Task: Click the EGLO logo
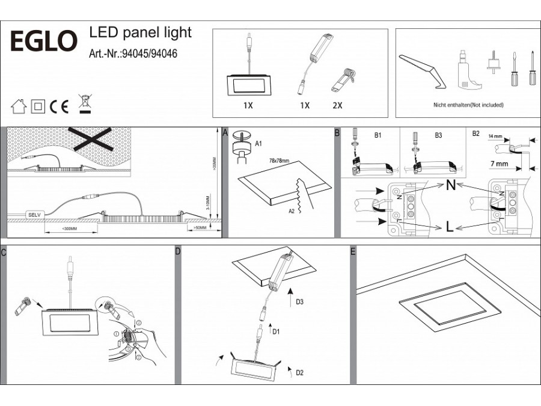pos(44,42)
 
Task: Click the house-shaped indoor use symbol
pos(19,107)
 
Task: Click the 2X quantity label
pos(337,105)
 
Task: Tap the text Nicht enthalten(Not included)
pos(468,105)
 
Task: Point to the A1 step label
pos(259,144)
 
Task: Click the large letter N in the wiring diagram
pos(450,185)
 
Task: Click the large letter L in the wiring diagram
pos(449,227)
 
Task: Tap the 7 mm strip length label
pos(499,164)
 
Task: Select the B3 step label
pos(439,136)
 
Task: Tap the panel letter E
pos(353,251)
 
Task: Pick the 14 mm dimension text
pos(497,137)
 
